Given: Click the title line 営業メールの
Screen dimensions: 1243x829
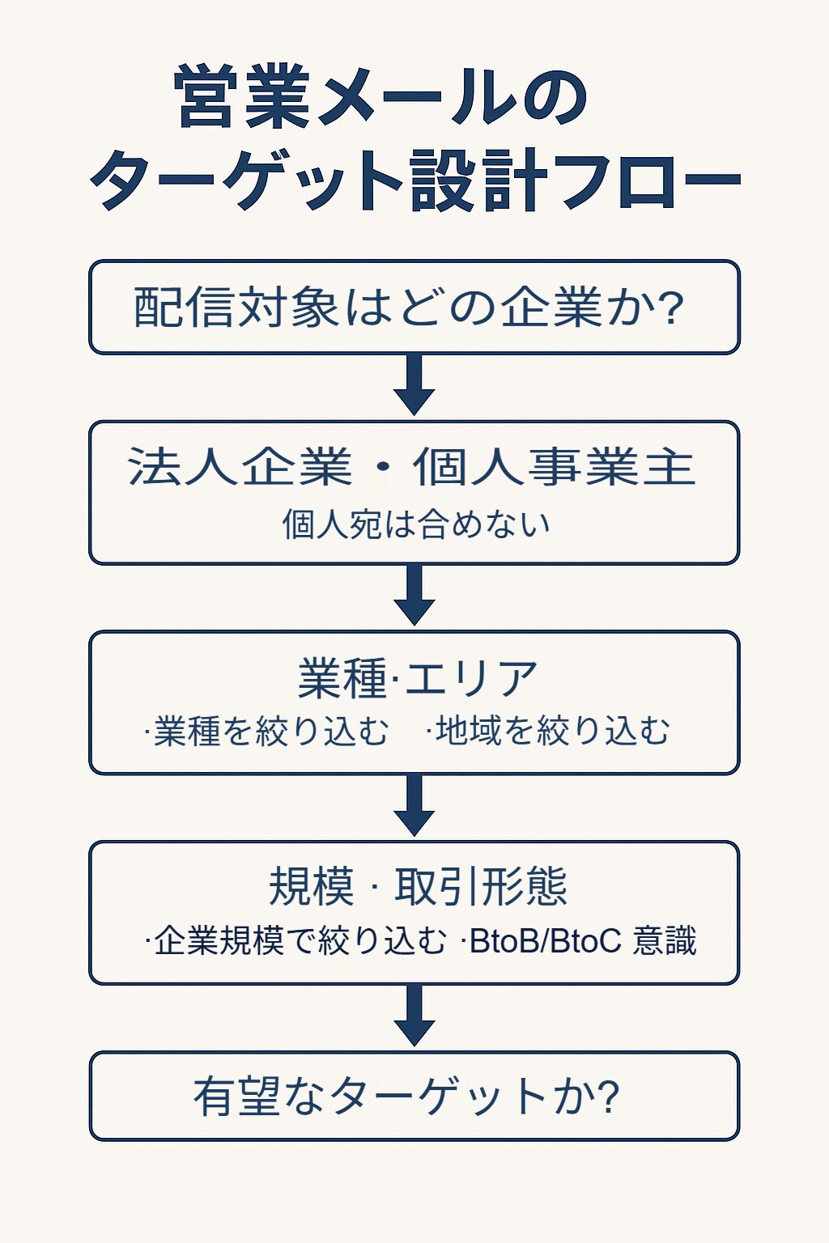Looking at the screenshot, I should [380, 97].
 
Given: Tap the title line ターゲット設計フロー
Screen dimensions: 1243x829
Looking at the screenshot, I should [414, 180].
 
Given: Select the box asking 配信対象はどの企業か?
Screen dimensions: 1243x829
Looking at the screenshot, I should [414, 308].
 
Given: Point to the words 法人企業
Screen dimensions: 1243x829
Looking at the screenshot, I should [240, 467].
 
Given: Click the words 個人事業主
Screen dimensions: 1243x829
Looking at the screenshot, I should [555, 467].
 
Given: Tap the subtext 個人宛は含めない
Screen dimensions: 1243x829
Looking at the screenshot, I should [415, 524].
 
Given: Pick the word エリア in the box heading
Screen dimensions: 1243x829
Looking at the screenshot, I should [471, 678].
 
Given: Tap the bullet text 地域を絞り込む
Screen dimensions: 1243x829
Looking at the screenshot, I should [551, 731].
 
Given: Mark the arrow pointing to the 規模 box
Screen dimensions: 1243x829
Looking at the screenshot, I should [414, 806].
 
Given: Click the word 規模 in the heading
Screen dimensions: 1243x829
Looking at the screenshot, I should [312, 886].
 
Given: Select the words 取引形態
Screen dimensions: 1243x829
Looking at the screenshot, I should [481, 886].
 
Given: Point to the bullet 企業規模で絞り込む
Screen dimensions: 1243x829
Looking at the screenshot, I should [299, 941].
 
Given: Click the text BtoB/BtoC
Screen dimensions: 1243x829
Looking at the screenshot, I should [545, 941].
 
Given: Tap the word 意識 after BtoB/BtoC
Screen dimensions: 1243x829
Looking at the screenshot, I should [665, 941].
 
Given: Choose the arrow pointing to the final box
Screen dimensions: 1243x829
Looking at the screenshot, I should [414, 1016].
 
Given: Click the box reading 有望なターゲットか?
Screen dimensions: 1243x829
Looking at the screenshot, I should [414, 1097].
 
